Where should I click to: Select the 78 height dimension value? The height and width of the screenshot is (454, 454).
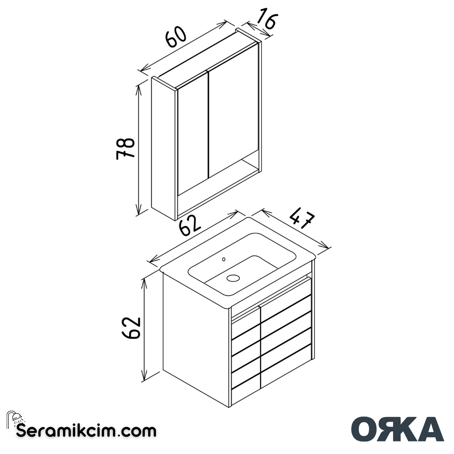125,148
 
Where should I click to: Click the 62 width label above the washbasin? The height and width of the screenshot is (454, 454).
190,227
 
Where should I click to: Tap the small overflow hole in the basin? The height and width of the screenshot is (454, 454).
224,259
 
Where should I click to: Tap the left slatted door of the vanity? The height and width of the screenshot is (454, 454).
246,353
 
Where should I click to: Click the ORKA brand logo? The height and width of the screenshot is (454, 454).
397,429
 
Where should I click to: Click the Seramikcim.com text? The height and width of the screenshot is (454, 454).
86,431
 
